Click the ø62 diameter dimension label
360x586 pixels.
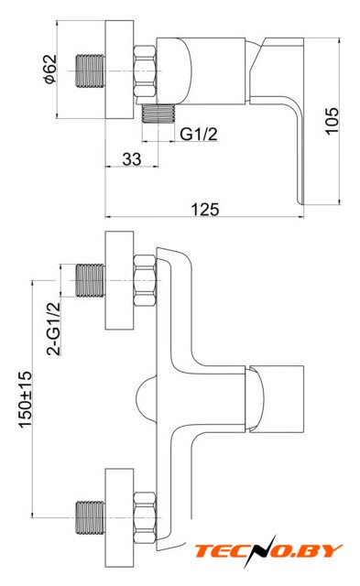click(50, 69)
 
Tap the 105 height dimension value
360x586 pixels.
click(332, 120)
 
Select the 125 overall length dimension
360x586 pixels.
click(205, 210)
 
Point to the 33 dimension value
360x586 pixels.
click(132, 159)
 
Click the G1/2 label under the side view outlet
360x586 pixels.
click(199, 134)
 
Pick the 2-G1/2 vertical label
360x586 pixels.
click(53, 329)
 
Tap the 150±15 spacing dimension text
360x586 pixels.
click(25, 399)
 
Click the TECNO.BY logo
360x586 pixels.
click(267, 551)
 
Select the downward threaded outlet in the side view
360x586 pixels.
click(158, 113)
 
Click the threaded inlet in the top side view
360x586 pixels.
click(90, 71)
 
